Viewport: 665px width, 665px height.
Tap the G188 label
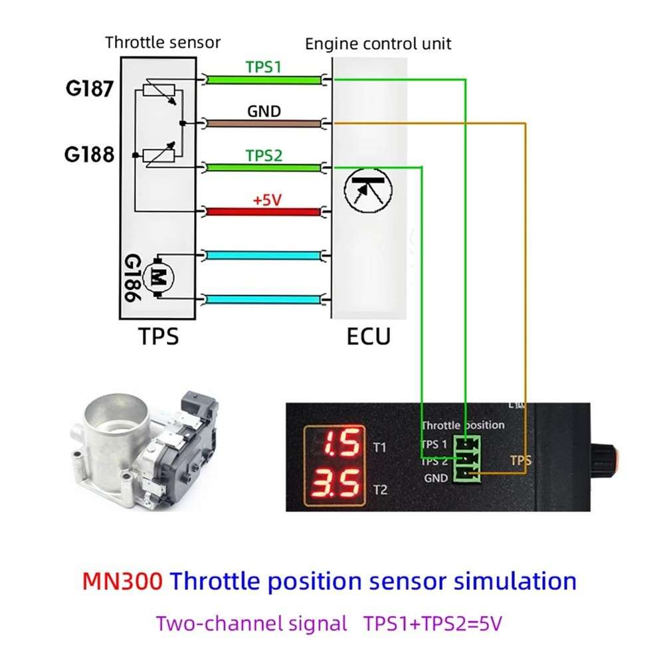click(x=89, y=155)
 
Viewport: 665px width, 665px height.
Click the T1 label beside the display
click(x=380, y=447)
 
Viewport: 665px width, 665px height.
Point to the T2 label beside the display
click(x=380, y=490)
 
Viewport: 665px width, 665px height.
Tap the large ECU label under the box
click(x=369, y=337)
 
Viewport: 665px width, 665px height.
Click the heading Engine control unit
click(x=378, y=45)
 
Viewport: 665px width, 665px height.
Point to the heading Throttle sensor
click(x=163, y=43)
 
